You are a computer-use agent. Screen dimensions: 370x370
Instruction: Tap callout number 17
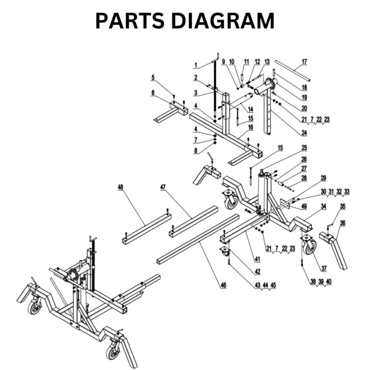[x=304, y=62]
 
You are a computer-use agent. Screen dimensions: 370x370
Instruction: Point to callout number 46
[x=223, y=286]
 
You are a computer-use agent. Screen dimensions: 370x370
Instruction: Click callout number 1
[x=196, y=65]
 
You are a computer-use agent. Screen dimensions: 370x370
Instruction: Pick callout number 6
[x=153, y=93]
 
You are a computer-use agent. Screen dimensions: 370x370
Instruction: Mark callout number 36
[x=343, y=223]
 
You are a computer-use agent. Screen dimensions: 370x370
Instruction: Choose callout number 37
[x=324, y=268]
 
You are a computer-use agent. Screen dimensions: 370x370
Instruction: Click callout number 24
[x=304, y=133]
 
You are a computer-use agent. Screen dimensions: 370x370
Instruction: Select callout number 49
[x=304, y=207]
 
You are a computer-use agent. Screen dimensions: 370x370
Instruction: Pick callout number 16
[x=250, y=127]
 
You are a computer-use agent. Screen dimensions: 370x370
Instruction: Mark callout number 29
[x=324, y=178]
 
